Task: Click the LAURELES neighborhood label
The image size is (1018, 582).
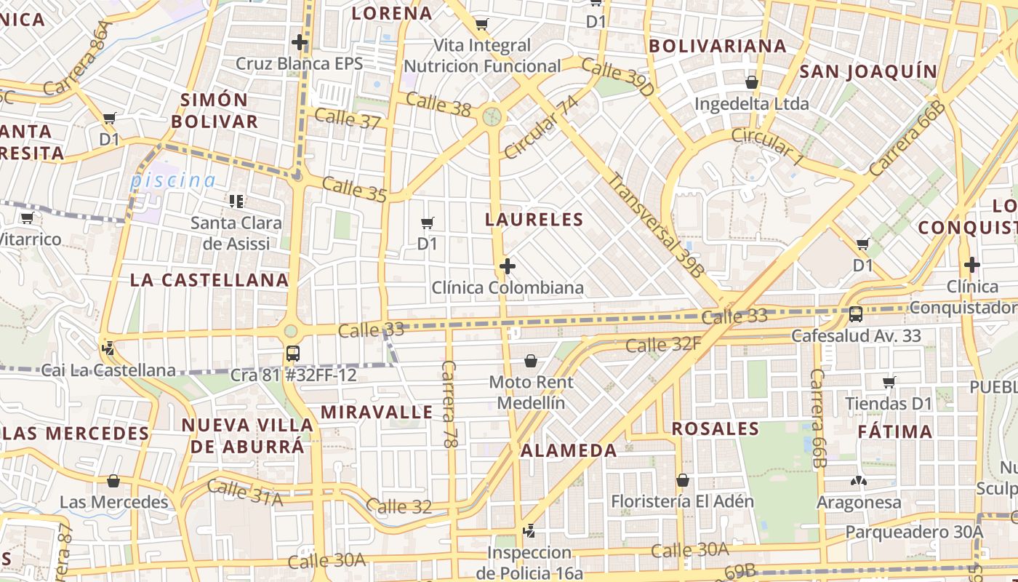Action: (x=534, y=220)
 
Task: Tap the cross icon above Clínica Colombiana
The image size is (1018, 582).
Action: (x=508, y=266)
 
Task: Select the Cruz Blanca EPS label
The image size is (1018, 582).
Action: (x=299, y=63)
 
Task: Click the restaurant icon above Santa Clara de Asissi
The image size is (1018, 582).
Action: (x=236, y=201)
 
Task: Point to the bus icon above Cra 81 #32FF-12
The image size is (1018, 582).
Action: (x=292, y=354)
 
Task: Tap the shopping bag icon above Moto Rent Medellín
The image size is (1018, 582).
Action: (x=531, y=361)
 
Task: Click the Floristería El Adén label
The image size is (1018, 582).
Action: (x=682, y=501)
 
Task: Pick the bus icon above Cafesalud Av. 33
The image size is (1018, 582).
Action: (x=856, y=314)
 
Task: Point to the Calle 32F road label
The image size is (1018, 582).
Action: (x=663, y=345)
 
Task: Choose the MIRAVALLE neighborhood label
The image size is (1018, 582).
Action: (x=377, y=412)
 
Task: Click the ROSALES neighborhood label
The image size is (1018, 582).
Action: (x=715, y=428)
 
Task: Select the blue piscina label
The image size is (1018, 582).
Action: (x=173, y=180)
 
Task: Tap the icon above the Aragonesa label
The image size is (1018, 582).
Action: (x=859, y=481)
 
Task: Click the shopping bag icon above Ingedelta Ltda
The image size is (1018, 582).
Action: (x=752, y=82)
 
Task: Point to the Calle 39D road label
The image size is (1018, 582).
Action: (x=617, y=79)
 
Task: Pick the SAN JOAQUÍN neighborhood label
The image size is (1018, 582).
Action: (x=868, y=71)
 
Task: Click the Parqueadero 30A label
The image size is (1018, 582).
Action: (x=913, y=532)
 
